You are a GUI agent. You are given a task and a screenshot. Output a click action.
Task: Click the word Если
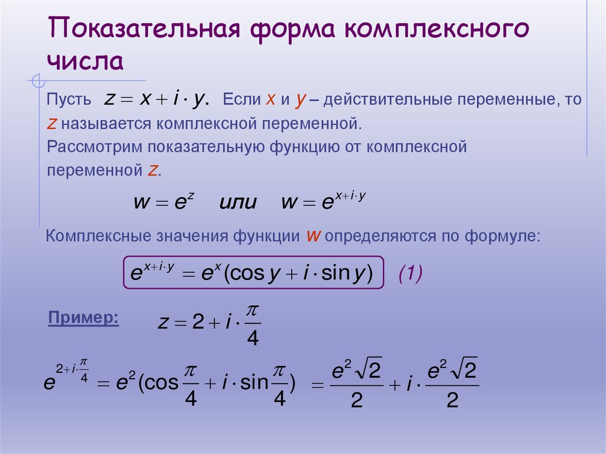coord(241,100)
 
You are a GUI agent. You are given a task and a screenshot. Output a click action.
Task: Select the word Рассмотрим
coord(96,147)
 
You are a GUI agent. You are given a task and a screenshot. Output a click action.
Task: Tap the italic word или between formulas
coord(238,202)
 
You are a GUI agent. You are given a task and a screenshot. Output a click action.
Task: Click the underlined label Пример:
coord(83,318)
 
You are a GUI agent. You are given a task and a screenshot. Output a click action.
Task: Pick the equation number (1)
coord(410,273)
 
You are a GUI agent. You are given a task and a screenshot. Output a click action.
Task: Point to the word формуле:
coord(504,236)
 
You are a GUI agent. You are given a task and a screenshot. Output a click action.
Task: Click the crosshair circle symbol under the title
coord(37,80)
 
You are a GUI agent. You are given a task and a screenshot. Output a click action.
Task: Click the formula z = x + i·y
coord(156,100)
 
